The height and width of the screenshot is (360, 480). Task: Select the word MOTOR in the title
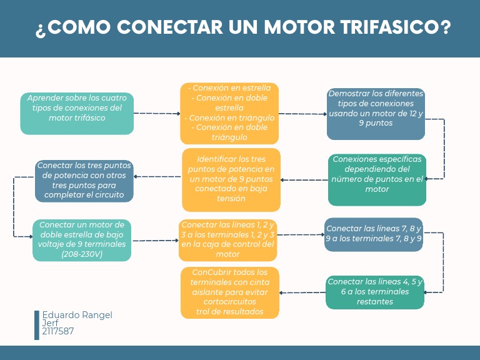point(291,28)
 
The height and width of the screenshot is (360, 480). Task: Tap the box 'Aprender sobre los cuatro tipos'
point(77,113)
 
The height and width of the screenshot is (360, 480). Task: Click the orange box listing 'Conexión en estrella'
point(229,113)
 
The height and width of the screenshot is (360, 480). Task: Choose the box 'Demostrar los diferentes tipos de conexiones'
point(376,113)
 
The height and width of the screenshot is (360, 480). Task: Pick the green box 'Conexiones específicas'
point(377,179)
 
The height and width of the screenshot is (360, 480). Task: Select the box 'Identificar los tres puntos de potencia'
point(231,179)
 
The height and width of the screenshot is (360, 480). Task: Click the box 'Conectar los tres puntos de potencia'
point(84,181)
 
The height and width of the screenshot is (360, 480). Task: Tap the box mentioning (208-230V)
point(82,240)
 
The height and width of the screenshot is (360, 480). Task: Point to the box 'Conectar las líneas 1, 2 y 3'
point(228,240)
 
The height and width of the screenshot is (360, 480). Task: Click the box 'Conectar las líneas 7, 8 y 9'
point(374,234)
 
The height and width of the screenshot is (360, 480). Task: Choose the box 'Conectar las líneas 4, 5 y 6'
point(375,292)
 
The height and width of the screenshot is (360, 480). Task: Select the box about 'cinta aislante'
point(230,292)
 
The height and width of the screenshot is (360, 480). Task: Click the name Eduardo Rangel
point(77,316)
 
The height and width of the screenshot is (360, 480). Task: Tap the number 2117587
point(57,332)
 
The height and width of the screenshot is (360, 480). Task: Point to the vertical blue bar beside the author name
point(37,325)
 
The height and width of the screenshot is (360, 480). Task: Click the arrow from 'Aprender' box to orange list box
point(157,114)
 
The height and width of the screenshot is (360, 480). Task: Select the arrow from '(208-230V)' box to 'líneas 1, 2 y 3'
point(155,241)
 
